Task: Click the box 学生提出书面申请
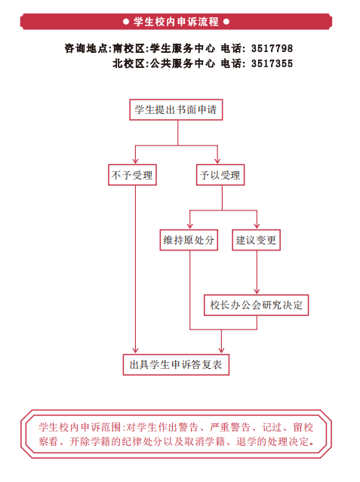[176, 109]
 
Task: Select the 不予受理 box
[132, 175]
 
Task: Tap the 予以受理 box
[220, 175]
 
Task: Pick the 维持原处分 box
[189, 240]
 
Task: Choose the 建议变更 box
[257, 240]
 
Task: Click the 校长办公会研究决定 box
[257, 305]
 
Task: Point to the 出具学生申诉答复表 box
[176, 365]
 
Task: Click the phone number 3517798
[272, 48]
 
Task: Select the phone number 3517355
[272, 63]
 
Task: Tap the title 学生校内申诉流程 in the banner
[177, 22]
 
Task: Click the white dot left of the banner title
[126, 22]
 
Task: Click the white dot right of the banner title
[226, 22]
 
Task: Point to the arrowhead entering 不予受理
[135, 161]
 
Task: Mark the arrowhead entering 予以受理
[217, 161]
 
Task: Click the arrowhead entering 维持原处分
[190, 226]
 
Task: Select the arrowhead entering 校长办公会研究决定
[257, 291]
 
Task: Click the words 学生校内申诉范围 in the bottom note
[80, 427]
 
